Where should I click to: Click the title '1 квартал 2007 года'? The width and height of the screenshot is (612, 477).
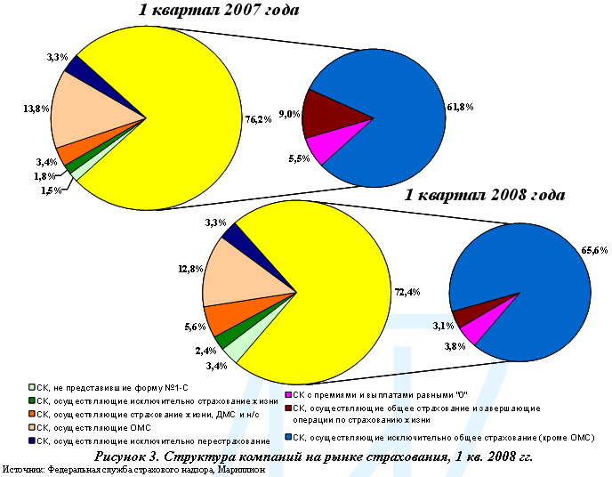pos(218,12)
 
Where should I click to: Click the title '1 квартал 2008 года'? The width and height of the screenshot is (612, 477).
pos(486,196)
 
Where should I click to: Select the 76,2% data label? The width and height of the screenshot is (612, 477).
pos(258,119)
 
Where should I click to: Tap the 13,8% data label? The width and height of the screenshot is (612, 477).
pos(36,109)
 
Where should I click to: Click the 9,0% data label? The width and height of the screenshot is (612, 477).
pos(289,114)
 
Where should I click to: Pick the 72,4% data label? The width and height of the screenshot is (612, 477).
pos(407,292)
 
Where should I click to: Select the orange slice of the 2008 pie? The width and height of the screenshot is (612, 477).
pos(223,317)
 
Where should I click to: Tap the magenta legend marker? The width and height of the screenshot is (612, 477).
pos(287,393)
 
